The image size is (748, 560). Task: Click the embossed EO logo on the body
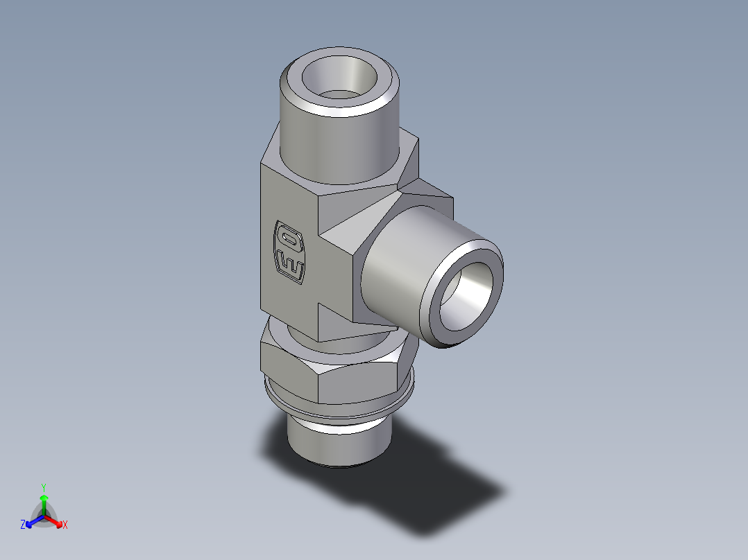[290, 252]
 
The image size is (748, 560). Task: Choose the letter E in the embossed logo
[291, 265]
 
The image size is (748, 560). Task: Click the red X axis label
[65, 525]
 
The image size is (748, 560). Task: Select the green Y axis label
[43, 487]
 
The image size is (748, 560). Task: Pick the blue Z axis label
[23, 525]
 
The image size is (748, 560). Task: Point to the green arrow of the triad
[43, 500]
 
